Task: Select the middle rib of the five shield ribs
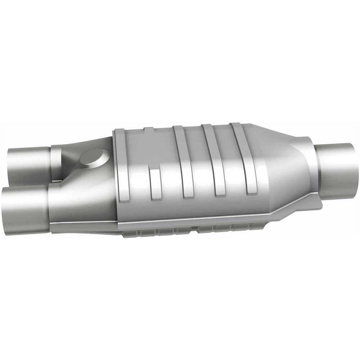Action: coord(184,162)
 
